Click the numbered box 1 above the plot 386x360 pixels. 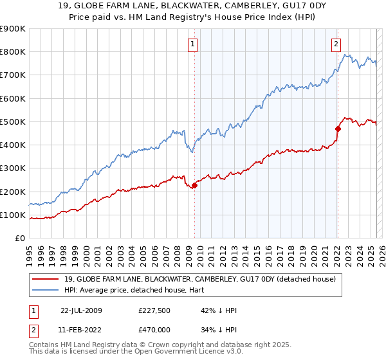pos(193,44)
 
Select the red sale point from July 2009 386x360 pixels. pos(194,186)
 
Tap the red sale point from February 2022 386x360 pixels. pos(337,129)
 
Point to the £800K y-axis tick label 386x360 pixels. pos(12,52)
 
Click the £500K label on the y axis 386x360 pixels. pos(12,122)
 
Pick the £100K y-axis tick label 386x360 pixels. pos(12,215)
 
